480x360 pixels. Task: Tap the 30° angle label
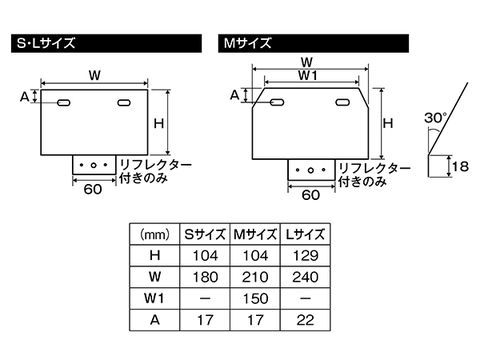(434, 116)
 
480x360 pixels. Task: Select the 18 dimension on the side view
(460, 165)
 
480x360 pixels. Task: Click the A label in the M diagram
(235, 95)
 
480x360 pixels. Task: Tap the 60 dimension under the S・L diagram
(93, 188)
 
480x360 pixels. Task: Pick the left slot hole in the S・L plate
(63, 104)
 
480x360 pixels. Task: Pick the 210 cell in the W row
(255, 277)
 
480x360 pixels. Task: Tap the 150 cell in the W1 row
(255, 298)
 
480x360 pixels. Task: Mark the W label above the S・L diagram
(93, 73)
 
